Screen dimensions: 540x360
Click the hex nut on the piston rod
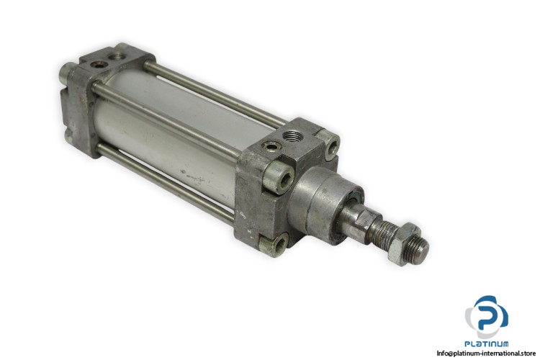pyautogui.click(x=404, y=244)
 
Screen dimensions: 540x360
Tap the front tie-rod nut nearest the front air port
pyautogui.click(x=329, y=144)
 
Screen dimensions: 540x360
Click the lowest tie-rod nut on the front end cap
pyautogui.click(x=274, y=245)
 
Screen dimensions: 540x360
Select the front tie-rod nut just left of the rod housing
pyautogui.click(x=279, y=179)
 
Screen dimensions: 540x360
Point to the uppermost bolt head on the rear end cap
pyautogui.click(x=66, y=72)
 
